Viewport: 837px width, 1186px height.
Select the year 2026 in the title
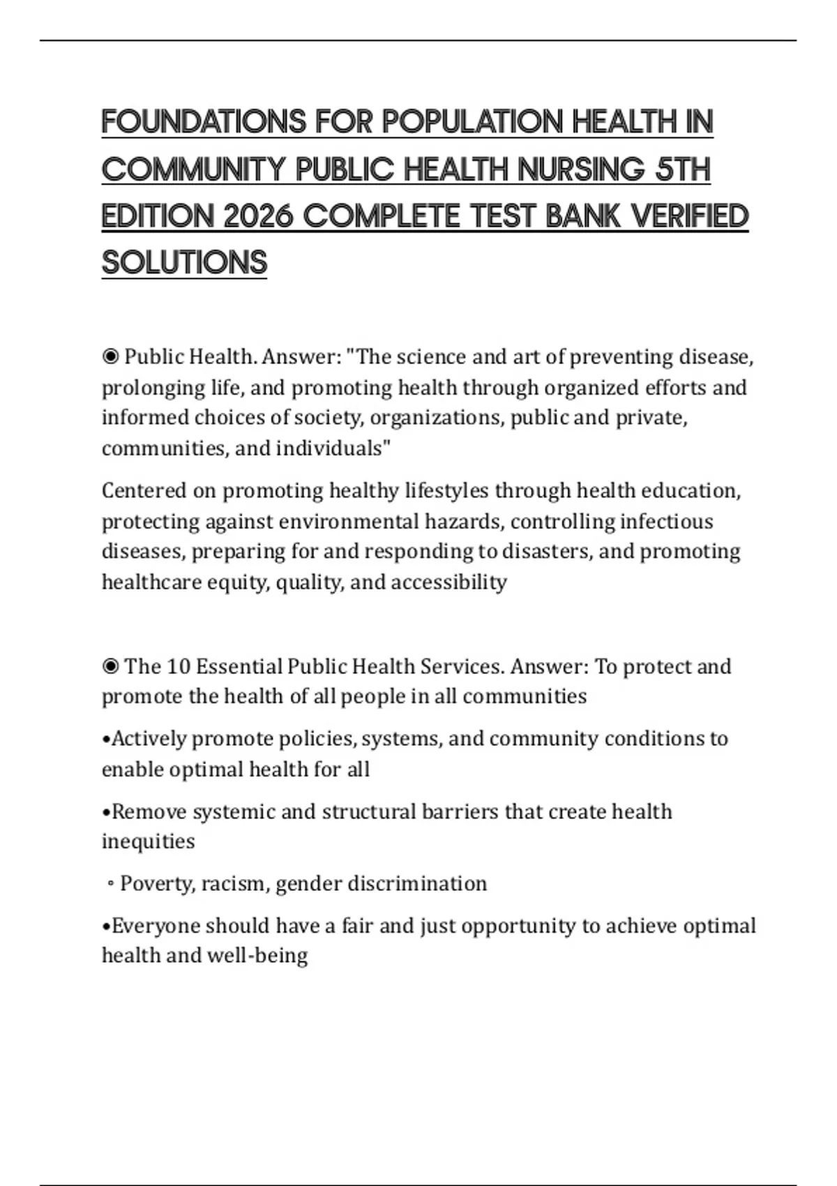pyautogui.click(x=258, y=216)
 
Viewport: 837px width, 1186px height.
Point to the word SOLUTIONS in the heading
pyautogui.click(x=184, y=263)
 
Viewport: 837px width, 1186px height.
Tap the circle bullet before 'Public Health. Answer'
pyautogui.click(x=110, y=357)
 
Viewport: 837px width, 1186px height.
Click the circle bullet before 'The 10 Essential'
pyautogui.click(x=110, y=667)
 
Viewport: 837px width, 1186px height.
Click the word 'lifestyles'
pyautogui.click(x=446, y=491)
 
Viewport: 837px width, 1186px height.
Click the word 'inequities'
pyautogui.click(x=148, y=841)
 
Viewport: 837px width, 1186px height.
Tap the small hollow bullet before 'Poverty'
pyautogui.click(x=110, y=885)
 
